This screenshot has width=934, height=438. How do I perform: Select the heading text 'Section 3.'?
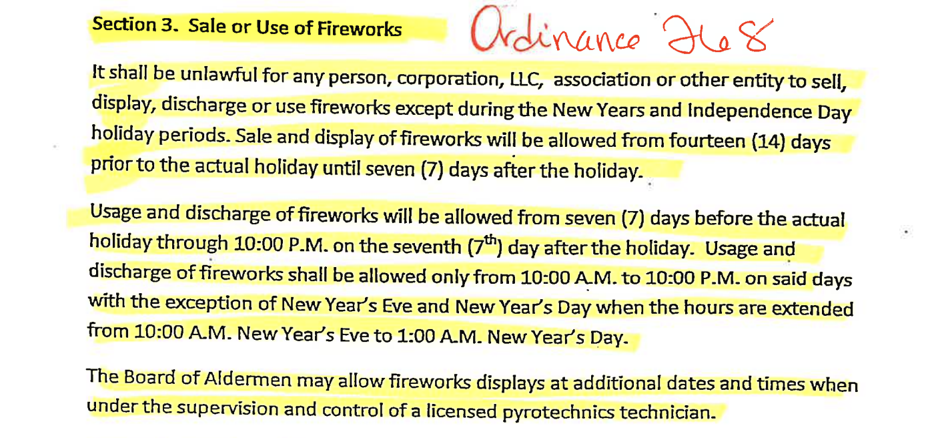[x=135, y=24]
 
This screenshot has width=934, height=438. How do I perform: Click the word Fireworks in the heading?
[x=360, y=29]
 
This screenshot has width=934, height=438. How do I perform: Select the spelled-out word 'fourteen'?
[x=707, y=140]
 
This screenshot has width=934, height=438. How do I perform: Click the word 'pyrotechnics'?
[x=558, y=413]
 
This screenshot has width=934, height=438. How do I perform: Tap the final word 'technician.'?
[x=668, y=412]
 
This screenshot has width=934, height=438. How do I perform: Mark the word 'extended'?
[x=813, y=308]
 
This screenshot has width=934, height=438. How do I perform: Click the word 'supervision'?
[x=227, y=407]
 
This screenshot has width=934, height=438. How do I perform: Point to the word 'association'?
[x=602, y=79]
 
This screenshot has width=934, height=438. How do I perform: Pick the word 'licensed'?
[x=461, y=411]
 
